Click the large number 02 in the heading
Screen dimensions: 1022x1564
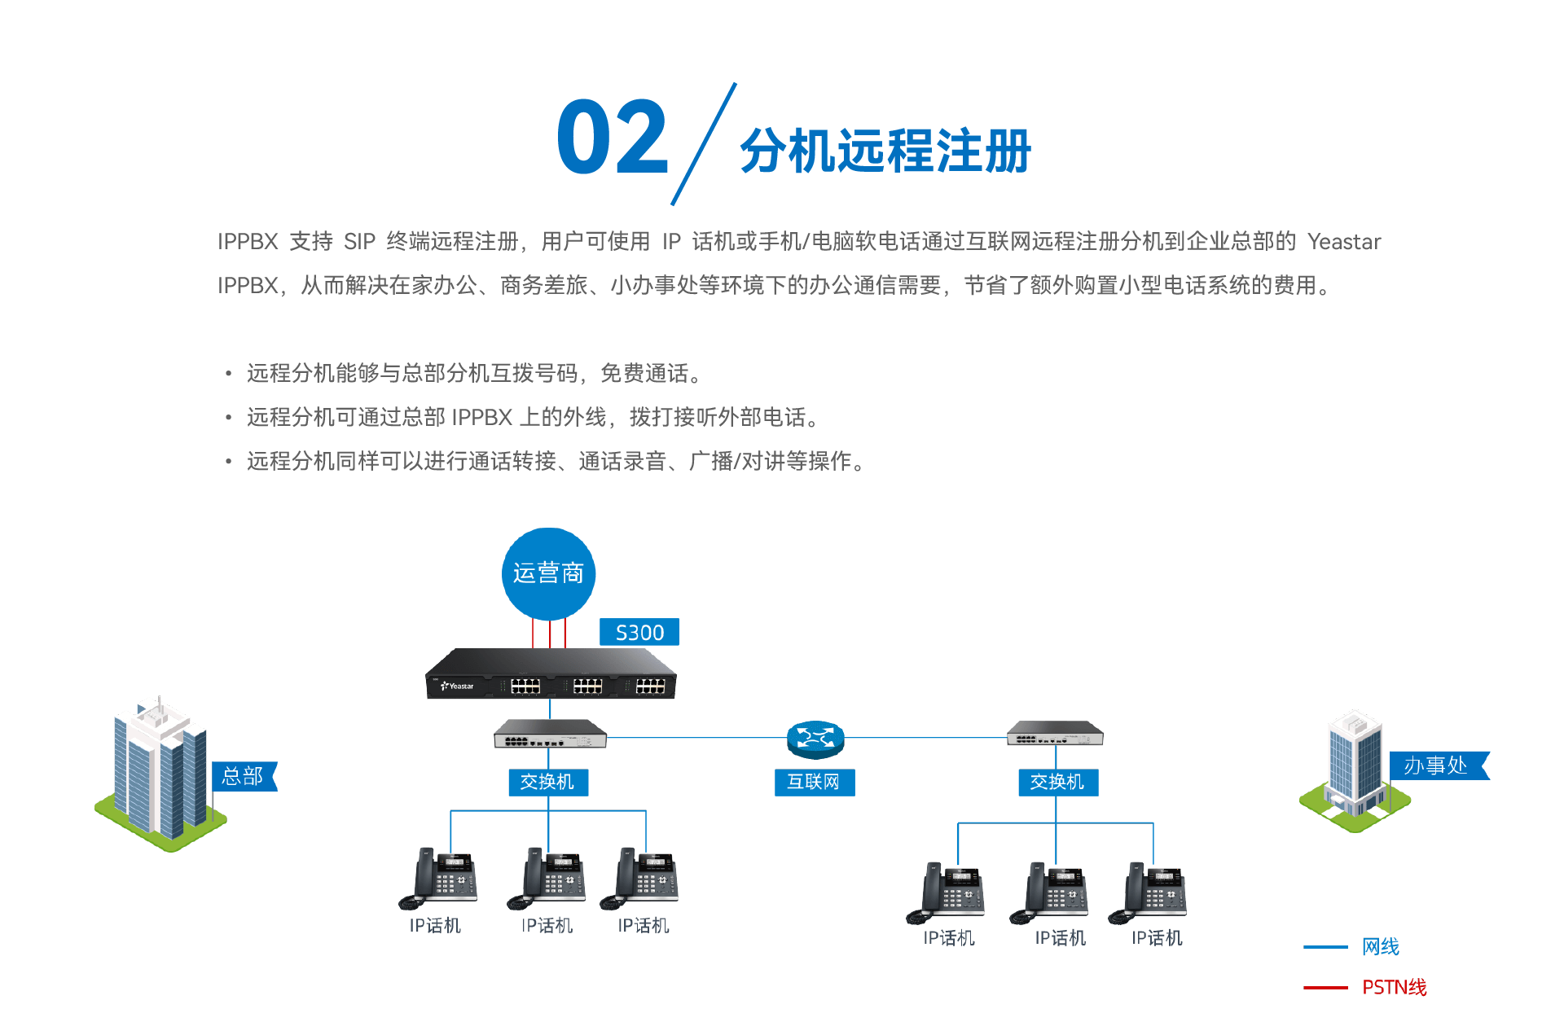613,137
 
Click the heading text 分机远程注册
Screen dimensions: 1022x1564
885,151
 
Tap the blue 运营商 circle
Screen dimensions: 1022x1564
548,573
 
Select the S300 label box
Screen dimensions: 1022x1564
639,633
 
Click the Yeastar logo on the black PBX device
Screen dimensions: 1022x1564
458,686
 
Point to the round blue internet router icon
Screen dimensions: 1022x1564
815,738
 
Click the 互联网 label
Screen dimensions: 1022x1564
814,782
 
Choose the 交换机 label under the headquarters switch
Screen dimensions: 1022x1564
547,782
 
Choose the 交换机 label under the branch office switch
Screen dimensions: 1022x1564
1057,782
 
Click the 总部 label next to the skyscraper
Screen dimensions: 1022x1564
243,776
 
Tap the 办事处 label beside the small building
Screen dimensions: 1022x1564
1436,765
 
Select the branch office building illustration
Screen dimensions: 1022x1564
1354,770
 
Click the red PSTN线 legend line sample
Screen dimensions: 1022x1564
1325,988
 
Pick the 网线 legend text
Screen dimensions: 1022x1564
1381,947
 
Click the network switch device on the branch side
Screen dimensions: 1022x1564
1055,734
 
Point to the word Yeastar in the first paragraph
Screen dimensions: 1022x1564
1344,242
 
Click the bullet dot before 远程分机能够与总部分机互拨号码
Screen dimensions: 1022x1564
229,374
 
